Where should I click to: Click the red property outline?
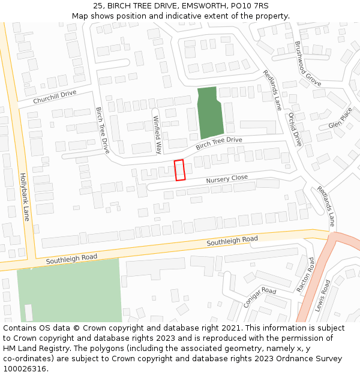179,170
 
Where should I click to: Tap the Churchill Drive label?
55,97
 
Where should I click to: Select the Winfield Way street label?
158,135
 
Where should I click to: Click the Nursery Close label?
227,179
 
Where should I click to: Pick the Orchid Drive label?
295,129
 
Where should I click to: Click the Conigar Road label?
260,298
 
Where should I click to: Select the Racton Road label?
305,275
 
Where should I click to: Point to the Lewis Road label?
322,296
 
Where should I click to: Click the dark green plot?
211,112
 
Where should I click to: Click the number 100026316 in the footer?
25,369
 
